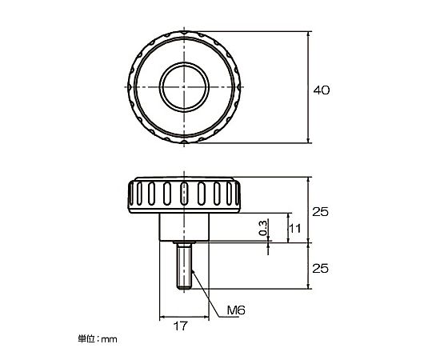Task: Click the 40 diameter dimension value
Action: pyautogui.click(x=322, y=90)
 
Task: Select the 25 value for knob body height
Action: pyautogui.click(x=320, y=212)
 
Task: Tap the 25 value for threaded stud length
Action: pyautogui.click(x=320, y=268)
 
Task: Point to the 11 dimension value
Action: pyautogui.click(x=294, y=228)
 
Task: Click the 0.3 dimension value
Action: pyautogui.click(x=263, y=228)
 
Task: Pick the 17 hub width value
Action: pyautogui.click(x=181, y=326)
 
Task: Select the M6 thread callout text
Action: pyautogui.click(x=236, y=310)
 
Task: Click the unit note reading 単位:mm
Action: pyautogui.click(x=98, y=338)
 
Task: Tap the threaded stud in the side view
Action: pyautogui.click(x=184, y=266)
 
